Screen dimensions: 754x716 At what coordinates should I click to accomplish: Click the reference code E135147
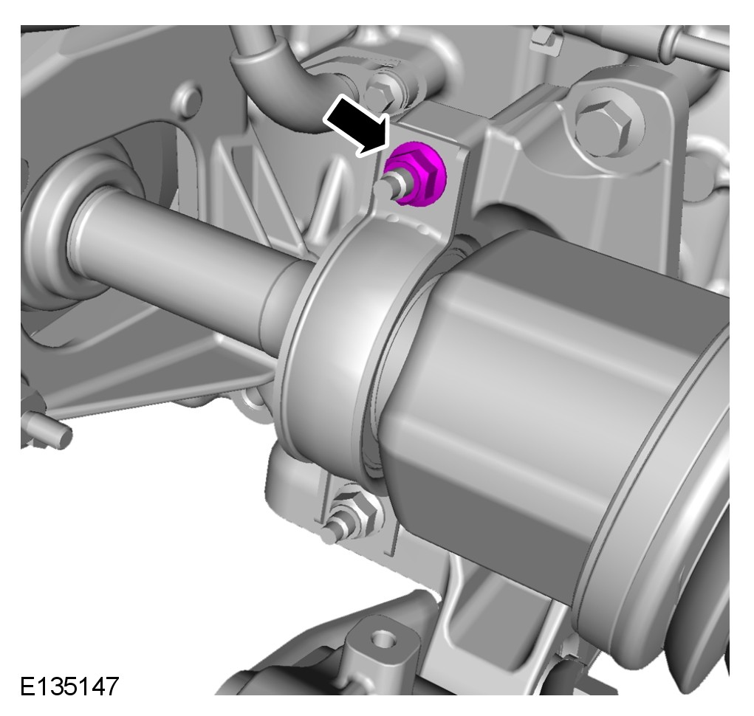pyautogui.click(x=69, y=686)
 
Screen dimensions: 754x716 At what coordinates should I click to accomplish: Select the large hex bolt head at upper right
pyautogui.click(x=603, y=123)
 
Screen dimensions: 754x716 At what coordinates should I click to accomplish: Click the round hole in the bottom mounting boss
pyautogui.click(x=383, y=641)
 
